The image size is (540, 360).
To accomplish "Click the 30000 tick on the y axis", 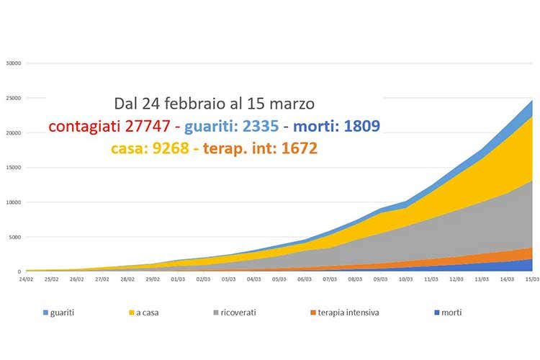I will pyautogui.click(x=14, y=63).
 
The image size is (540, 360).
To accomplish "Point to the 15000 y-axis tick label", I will pyautogui.click(x=14, y=168).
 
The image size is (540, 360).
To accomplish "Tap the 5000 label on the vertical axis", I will pyautogui.click(x=16, y=237).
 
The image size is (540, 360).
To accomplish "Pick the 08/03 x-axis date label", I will pyautogui.click(x=354, y=279).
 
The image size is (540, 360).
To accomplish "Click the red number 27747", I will pyautogui.click(x=147, y=127).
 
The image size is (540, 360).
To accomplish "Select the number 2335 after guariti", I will pyautogui.click(x=255, y=127).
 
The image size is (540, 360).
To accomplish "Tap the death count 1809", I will pyautogui.click(x=356, y=127).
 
